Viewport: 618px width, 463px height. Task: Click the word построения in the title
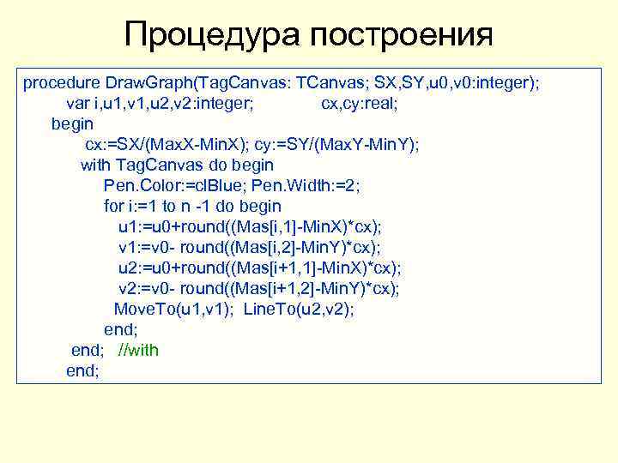(x=402, y=35)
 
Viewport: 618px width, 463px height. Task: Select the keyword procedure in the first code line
(x=61, y=83)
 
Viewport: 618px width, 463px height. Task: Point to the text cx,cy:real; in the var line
(x=360, y=104)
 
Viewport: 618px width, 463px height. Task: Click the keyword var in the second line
(x=78, y=104)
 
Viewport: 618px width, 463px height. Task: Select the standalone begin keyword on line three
(x=72, y=124)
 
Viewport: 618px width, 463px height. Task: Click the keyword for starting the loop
(x=113, y=207)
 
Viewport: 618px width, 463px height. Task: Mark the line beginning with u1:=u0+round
(x=250, y=227)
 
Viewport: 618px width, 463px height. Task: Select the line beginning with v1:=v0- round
(x=250, y=248)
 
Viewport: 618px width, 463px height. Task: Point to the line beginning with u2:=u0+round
(x=259, y=268)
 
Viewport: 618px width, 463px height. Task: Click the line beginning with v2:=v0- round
(x=259, y=289)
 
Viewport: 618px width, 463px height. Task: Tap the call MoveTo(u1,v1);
(x=175, y=310)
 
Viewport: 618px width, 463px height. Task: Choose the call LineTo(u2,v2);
(x=299, y=310)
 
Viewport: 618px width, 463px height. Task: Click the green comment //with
(x=138, y=351)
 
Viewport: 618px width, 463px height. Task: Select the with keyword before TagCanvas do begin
(x=96, y=165)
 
